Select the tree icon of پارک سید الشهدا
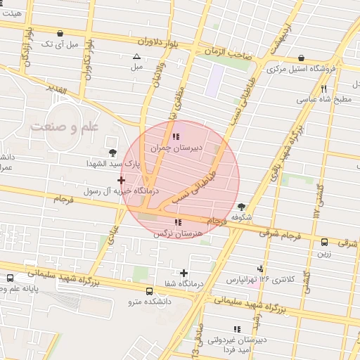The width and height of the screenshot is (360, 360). (112, 152)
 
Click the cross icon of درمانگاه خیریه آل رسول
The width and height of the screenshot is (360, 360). (121, 181)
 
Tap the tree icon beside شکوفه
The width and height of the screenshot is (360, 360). (242, 207)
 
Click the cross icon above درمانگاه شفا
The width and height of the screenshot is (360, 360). (184, 273)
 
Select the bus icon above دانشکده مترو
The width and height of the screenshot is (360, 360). (149, 291)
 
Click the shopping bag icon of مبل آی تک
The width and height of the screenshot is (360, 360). (60, 33)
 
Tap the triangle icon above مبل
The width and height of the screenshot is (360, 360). (136, 56)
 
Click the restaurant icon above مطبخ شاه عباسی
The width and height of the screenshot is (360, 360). (323, 89)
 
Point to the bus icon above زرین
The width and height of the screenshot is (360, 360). (324, 242)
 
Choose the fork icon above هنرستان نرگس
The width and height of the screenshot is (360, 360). (176, 222)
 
